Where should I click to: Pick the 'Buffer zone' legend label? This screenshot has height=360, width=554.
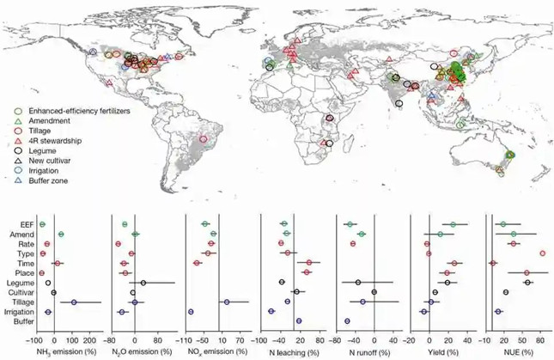coord(49,182)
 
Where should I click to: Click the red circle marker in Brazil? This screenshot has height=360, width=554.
coord(203,138)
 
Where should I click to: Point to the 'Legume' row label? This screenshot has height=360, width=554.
coord(20,283)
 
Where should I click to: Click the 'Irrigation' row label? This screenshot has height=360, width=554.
coord(17,312)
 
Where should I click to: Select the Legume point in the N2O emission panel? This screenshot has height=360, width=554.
coord(143,283)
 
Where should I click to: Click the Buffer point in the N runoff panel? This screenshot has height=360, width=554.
coord(347,321)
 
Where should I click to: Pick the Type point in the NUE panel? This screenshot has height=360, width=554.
coord(543,253)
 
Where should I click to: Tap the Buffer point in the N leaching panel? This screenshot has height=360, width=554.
coord(299,321)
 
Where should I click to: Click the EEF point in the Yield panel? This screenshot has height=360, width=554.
coord(453,224)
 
